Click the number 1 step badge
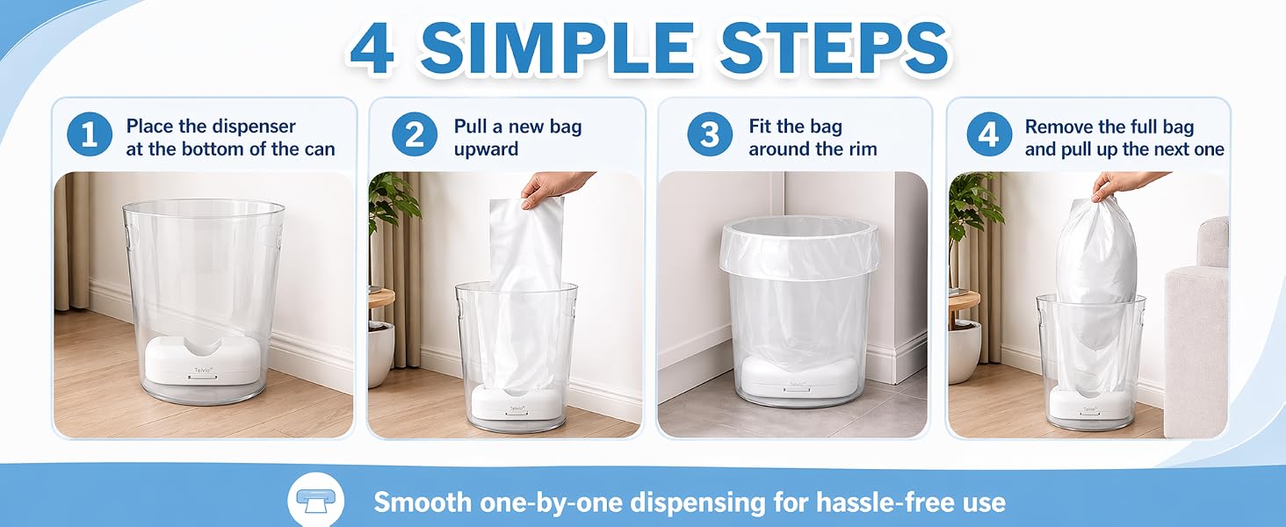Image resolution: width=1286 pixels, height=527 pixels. click(90, 134)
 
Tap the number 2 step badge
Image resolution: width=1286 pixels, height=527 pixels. click(415, 134)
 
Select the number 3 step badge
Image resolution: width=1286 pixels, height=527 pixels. click(710, 134)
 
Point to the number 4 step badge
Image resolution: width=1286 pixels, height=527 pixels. click(988, 134)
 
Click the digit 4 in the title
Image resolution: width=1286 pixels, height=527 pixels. click(372, 49)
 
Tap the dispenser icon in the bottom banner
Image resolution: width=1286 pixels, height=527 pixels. click(315, 501)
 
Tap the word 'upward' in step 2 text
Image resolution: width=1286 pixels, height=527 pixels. click(486, 149)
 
